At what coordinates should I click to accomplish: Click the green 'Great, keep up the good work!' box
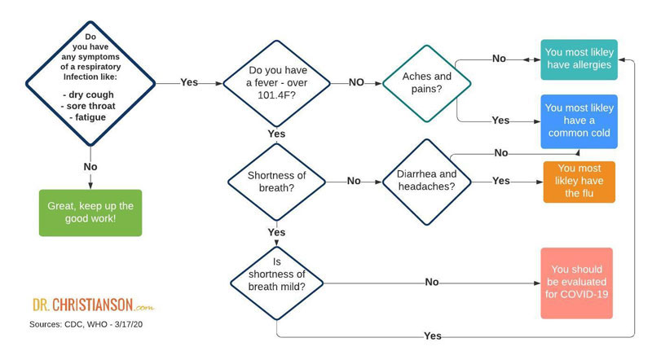coord(90,213)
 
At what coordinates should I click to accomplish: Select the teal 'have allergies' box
coord(579,59)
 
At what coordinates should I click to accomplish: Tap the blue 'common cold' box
coord(579,121)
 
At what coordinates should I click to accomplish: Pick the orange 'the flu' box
coord(579,182)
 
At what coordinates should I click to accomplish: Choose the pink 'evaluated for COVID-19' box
coord(576,283)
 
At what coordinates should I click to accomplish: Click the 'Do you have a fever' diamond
coord(276,83)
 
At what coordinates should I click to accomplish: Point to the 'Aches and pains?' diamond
coord(426,83)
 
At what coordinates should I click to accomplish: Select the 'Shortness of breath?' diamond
coord(276,182)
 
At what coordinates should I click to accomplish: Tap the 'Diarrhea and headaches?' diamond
coord(426,182)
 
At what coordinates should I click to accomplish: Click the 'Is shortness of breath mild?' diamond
coord(276,283)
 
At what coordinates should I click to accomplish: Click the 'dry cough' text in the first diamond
coord(90,94)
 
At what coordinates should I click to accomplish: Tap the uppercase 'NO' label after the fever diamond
coord(356,82)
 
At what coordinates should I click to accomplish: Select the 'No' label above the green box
coord(90,167)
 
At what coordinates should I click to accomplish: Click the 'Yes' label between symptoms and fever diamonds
coord(189,82)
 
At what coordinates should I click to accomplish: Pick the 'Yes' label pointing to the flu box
coord(501,181)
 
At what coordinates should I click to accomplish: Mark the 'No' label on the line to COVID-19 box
coord(432,283)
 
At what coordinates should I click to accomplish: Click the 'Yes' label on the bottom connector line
coord(433,336)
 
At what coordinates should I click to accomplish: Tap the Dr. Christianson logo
coord(94,305)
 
